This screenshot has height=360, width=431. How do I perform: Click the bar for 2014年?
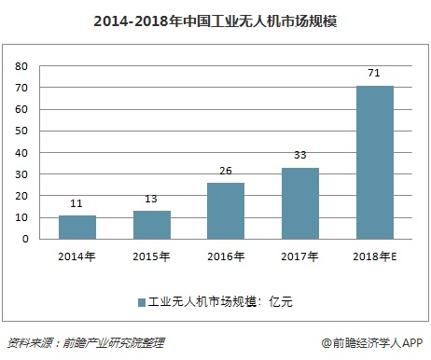tap(76, 227)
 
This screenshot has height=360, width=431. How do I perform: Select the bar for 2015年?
tap(151, 225)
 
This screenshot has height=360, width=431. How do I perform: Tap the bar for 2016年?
tap(226, 211)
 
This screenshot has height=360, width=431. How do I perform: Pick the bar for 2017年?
tap(300, 203)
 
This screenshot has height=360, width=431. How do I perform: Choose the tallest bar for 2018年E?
tap(375, 162)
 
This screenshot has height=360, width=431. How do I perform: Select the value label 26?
tap(226, 172)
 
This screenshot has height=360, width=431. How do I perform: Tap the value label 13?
tap(151, 200)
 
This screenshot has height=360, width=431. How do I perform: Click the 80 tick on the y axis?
tap(21, 67)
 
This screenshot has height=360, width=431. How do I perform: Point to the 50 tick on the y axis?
tap(21, 132)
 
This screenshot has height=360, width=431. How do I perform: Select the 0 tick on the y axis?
tap(25, 240)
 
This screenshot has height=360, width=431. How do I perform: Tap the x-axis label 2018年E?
tap(375, 255)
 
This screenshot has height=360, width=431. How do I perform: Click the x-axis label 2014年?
tap(76, 255)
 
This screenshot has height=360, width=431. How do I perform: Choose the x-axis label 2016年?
tap(226, 255)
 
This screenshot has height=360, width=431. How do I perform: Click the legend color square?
tap(142, 301)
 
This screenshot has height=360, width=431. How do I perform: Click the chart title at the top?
tap(215, 18)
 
